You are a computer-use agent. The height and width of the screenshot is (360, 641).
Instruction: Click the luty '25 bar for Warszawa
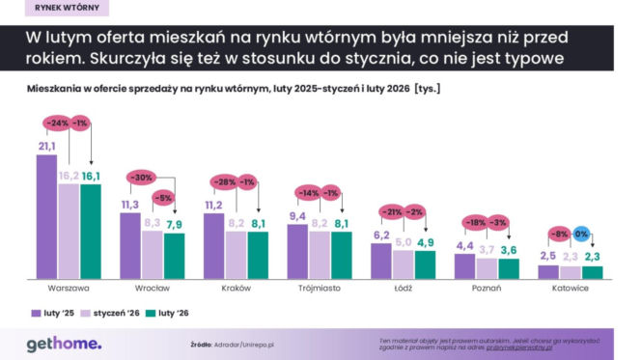click(x=46, y=216)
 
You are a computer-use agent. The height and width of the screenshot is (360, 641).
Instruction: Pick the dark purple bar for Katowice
click(x=548, y=271)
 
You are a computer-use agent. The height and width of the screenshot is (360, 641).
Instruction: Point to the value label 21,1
click(x=45, y=147)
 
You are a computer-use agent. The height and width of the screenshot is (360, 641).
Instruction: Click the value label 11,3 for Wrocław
click(x=129, y=205)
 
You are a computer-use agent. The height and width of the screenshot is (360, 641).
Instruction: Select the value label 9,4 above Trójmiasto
click(x=297, y=215)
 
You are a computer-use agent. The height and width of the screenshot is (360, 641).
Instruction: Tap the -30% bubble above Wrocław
click(x=142, y=178)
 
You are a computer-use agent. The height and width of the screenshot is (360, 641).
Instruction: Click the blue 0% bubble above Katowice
click(x=582, y=234)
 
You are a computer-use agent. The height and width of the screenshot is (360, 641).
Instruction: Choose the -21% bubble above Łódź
click(x=393, y=212)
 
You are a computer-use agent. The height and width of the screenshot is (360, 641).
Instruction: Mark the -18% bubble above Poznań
click(x=477, y=222)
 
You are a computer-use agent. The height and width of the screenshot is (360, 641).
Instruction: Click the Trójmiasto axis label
click(x=319, y=289)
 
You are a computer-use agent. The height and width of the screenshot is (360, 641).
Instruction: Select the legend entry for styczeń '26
click(x=113, y=314)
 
